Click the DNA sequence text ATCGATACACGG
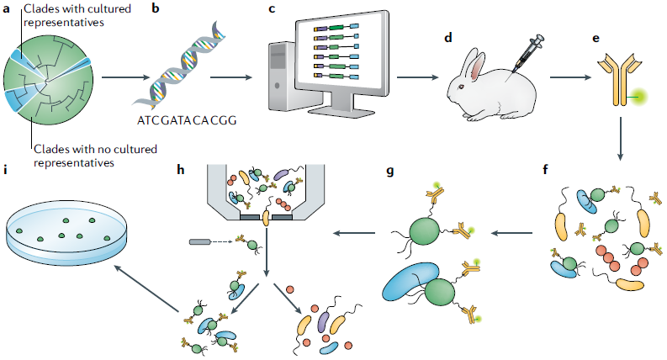click(193, 120)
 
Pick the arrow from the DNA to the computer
click(231, 77)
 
